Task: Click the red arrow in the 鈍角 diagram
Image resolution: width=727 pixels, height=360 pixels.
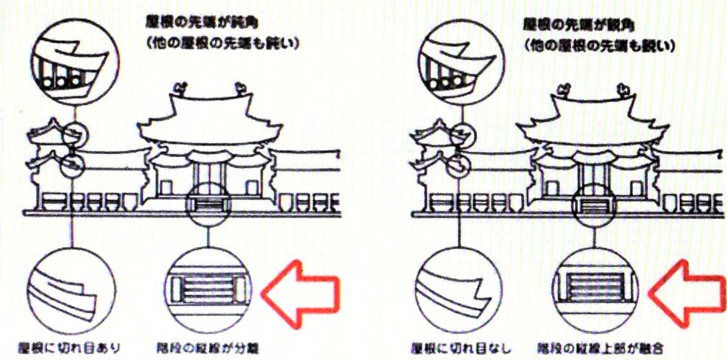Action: pyautogui.click(x=300, y=293)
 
